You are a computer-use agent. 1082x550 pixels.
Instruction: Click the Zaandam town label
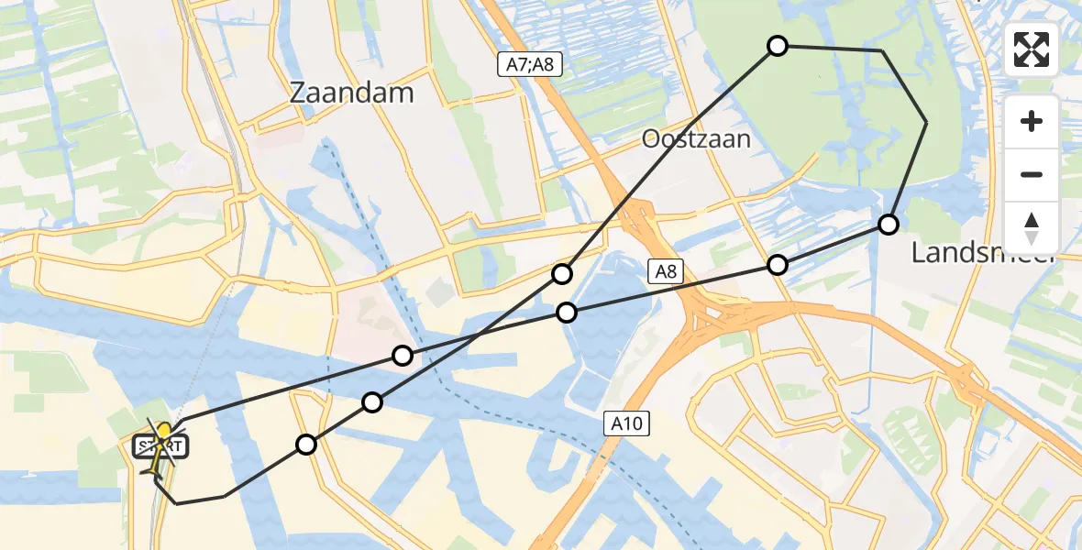[x=351, y=93]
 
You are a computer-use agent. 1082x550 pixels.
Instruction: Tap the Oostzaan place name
[x=696, y=139]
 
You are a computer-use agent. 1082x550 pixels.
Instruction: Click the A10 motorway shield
[x=627, y=423]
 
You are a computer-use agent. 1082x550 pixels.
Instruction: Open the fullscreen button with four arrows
[x=1032, y=49]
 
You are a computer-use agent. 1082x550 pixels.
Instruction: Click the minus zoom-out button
[x=1032, y=174]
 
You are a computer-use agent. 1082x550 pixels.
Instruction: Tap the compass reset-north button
[x=1032, y=227]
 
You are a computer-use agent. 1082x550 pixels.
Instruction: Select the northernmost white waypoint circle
[x=778, y=46]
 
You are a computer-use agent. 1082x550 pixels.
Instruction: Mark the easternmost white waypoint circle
[x=888, y=224]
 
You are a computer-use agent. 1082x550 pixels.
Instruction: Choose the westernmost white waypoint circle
[x=306, y=445]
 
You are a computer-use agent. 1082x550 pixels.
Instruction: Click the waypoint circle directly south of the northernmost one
[x=778, y=265]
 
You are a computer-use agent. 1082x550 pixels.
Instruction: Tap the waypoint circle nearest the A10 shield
[x=567, y=313]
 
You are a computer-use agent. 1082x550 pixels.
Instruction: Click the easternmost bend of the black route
[x=926, y=121]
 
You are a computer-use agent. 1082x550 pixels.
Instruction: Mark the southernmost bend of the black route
[x=176, y=503]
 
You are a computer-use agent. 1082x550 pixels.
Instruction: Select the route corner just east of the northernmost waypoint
[x=881, y=50]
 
